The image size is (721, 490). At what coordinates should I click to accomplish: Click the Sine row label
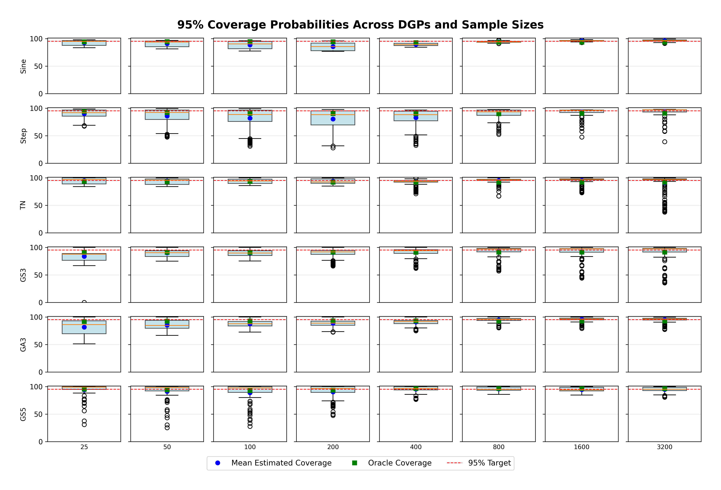23,66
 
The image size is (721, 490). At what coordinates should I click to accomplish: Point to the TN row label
23,205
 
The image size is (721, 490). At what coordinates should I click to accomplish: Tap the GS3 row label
23,275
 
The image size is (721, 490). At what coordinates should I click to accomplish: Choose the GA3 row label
23,345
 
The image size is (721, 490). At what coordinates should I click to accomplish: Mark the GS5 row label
23,414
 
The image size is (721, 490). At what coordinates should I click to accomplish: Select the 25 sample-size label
84,447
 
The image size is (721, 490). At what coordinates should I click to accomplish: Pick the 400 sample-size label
416,447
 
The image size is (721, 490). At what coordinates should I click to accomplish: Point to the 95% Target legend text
489,463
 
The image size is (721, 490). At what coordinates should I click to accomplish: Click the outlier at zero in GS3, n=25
84,302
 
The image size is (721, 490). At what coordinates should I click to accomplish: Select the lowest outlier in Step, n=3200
664,142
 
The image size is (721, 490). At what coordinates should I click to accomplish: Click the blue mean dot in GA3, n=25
84,327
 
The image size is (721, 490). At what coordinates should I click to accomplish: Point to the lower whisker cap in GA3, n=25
84,344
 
